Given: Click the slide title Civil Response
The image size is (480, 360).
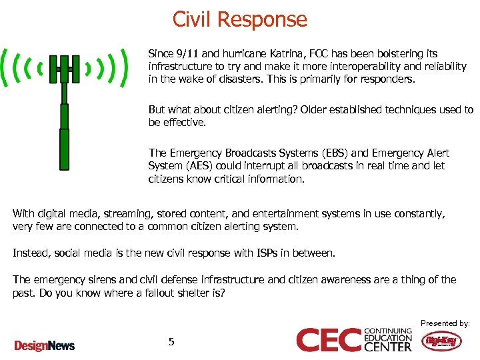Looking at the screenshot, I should coord(240,19).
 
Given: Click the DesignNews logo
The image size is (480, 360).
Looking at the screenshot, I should coord(45,345).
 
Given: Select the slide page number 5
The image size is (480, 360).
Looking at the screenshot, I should coord(171,342).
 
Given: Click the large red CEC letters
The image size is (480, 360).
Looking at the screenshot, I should coord(329,340).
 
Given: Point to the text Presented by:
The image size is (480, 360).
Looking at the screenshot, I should coord(445,323).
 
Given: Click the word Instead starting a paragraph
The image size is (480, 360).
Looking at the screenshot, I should coord(31,253).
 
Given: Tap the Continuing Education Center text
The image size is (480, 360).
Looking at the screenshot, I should coord(389,339).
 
